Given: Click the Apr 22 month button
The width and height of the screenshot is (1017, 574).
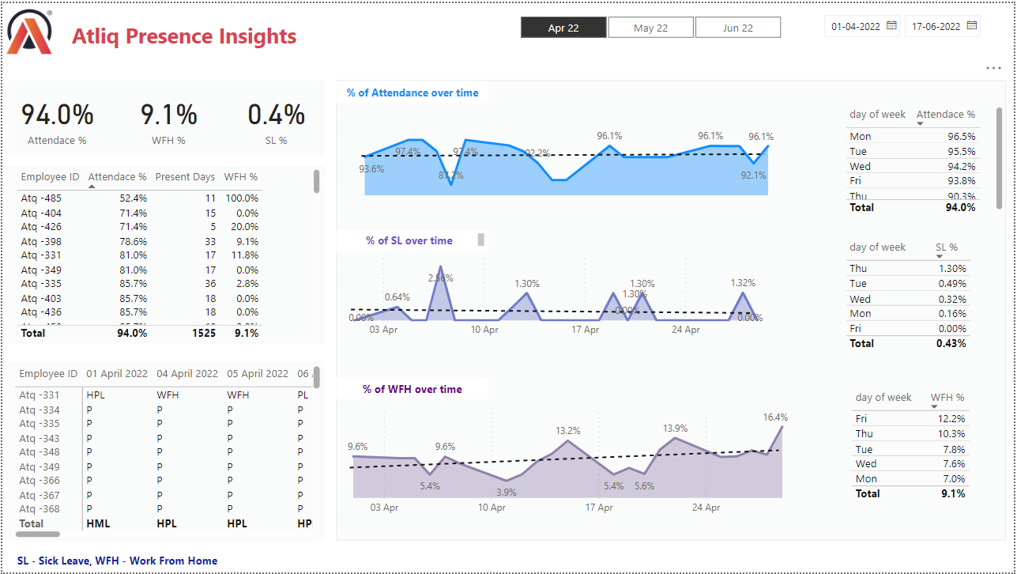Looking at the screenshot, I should tap(563, 28).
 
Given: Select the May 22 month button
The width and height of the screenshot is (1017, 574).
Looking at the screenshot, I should tap(650, 28).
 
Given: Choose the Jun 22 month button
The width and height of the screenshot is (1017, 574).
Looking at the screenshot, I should tap(737, 28).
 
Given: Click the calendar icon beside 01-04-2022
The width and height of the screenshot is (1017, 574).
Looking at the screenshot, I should tap(891, 26).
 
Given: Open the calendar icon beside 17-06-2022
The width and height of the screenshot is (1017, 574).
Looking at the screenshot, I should tap(972, 26).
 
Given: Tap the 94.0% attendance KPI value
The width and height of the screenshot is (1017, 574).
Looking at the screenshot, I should tap(57, 115).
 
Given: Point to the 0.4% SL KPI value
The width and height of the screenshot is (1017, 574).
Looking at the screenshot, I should tap(276, 115).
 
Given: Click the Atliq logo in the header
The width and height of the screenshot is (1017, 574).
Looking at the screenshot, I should tap(29, 33).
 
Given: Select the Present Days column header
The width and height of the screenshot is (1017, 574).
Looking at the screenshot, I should tap(184, 177).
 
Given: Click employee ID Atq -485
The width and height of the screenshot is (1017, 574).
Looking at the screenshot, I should tap(41, 198).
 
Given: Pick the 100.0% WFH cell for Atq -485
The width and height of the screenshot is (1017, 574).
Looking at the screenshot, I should tap(241, 198).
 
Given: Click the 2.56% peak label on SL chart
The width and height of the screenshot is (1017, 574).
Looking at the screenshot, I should tap(441, 278).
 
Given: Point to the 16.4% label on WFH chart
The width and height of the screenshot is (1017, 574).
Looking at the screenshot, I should tap(775, 417).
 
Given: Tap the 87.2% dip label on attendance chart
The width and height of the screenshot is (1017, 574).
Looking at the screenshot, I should tap(451, 176).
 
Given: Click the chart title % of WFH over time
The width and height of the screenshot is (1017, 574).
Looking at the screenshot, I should tap(412, 389).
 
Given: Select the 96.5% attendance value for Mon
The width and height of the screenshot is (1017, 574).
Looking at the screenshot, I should tap(961, 137).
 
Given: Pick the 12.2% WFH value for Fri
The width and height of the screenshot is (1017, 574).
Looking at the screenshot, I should tap(951, 419).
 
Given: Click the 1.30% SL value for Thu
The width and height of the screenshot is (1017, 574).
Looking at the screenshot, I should tap(952, 269).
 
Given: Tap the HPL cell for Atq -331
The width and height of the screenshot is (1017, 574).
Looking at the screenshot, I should tap(96, 395).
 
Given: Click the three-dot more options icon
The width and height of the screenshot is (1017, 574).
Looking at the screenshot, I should tap(993, 69).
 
